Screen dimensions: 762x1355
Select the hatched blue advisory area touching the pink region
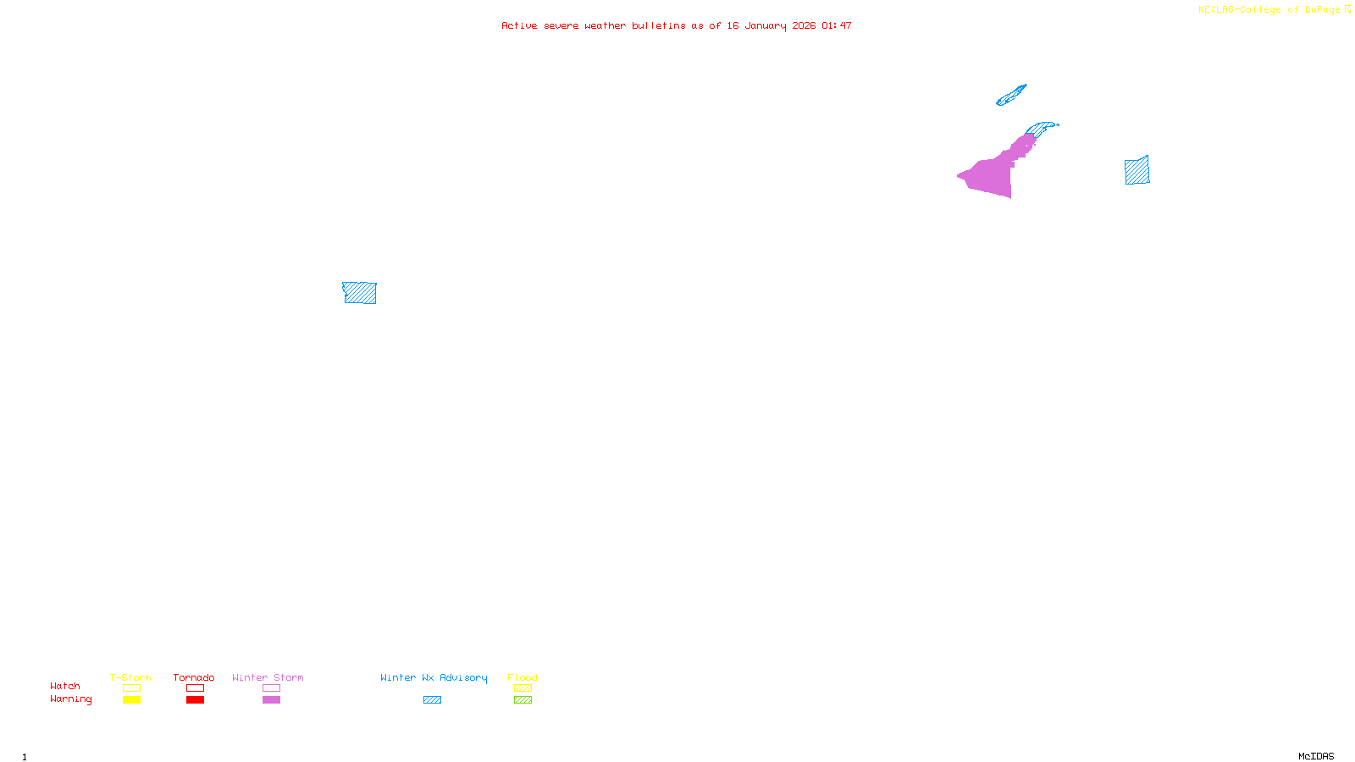1041,129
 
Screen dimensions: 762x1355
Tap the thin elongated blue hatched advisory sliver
1011,96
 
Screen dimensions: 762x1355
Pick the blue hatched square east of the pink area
1137,170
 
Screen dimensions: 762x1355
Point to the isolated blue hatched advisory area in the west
360,293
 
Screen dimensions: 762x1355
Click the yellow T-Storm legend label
130,677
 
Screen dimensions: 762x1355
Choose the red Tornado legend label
194,677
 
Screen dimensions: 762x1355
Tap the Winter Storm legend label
268,677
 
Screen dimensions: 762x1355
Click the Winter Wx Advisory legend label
434,677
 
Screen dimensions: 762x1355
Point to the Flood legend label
523,677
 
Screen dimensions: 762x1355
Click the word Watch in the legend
65,686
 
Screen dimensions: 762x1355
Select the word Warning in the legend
70,699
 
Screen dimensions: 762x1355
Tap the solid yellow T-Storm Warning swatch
131,700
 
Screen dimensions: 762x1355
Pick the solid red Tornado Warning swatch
196,700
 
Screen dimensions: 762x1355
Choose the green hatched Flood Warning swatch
523,700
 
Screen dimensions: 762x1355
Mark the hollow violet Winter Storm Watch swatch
271,688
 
